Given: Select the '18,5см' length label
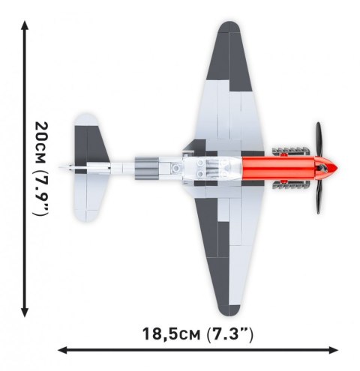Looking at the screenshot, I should pos(169,332).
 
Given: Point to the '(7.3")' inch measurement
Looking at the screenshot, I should pos(228,332).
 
